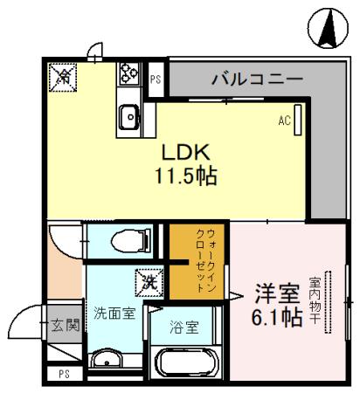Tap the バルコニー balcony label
258,80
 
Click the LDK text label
182,150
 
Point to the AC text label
284,121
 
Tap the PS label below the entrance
64,375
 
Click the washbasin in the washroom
109,360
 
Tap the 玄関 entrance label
64,327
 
